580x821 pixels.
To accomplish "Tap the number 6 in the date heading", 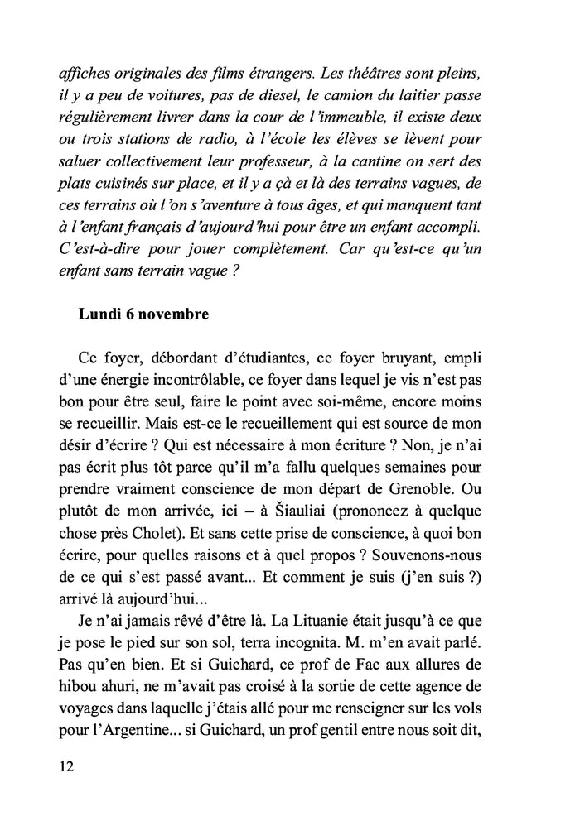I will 124,315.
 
